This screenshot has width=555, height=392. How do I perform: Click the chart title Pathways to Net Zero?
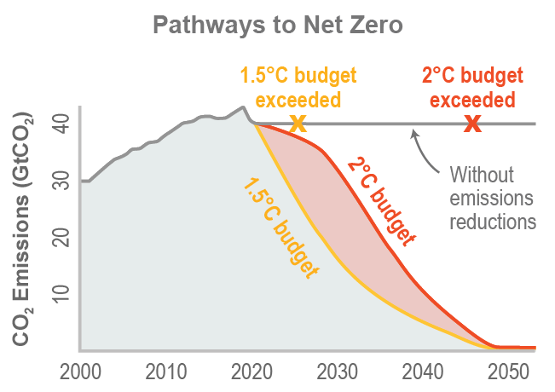point(278,25)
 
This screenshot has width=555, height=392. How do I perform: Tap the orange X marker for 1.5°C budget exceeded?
point(298,124)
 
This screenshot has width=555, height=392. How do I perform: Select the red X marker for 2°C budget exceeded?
point(472,124)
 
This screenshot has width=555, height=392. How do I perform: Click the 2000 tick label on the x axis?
point(81,372)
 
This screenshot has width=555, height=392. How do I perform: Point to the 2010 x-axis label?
point(166,372)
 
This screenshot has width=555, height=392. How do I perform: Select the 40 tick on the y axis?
point(60,124)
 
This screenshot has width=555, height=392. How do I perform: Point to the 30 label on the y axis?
point(60,181)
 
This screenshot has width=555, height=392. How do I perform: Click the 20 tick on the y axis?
point(60,236)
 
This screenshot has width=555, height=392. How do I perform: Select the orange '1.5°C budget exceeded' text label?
point(298,88)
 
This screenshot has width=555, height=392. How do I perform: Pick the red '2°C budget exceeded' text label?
point(471,88)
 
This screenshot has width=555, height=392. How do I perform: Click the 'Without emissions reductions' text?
point(492,199)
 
